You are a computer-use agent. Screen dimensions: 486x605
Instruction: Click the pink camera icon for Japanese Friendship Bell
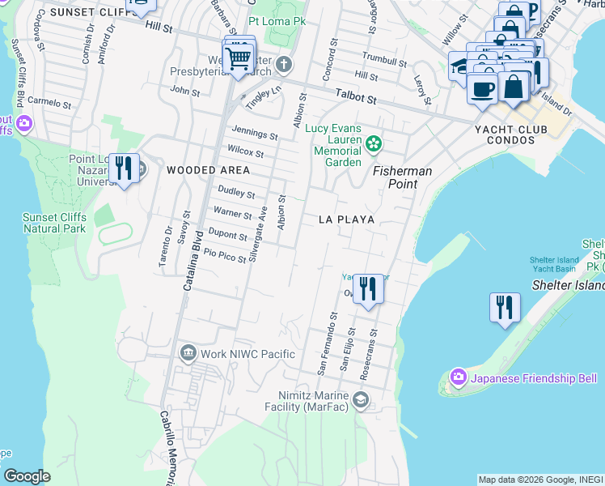coord(459,378)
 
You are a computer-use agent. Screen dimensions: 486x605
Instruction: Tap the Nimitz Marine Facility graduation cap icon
coord(361,400)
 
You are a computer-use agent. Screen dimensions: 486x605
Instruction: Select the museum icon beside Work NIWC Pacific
coord(188,353)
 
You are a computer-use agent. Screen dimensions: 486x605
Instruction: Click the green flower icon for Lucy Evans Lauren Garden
coord(373,144)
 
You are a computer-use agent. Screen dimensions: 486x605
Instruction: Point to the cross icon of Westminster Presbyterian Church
coord(283,64)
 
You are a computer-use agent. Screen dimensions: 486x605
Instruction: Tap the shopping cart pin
coord(239,59)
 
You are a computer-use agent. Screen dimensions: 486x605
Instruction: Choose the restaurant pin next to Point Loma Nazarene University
coord(123,168)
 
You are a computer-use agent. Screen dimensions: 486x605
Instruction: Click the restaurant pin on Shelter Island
coord(505,307)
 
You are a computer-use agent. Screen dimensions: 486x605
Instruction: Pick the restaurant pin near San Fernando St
coord(368,288)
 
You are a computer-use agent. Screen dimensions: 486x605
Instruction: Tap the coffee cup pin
coord(483,88)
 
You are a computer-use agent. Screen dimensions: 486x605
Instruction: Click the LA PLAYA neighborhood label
coord(346,220)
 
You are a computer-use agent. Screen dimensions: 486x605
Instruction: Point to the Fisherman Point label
coord(402,177)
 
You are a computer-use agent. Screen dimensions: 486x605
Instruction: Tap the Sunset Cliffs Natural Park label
coord(54,224)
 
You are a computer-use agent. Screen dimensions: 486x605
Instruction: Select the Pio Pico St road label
coord(224,257)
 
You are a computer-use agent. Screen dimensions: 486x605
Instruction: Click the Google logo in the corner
coord(27,476)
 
